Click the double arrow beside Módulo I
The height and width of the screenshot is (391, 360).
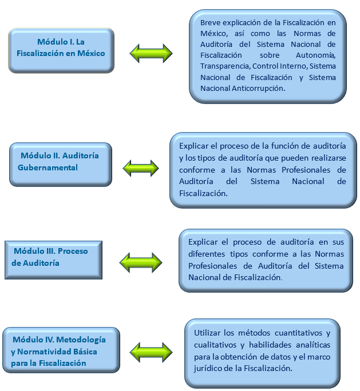(151, 53)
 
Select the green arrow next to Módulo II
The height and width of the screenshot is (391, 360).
(141, 168)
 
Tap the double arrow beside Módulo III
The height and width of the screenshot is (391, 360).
(141, 262)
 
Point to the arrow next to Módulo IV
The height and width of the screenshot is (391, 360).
(151, 352)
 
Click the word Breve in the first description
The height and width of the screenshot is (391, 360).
(211, 23)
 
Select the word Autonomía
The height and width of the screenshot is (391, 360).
(315, 55)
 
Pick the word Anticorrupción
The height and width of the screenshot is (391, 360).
(258, 89)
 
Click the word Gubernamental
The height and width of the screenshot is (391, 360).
(48, 167)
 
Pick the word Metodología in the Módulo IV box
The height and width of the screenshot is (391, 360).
(81, 340)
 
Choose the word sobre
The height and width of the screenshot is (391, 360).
(270, 55)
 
